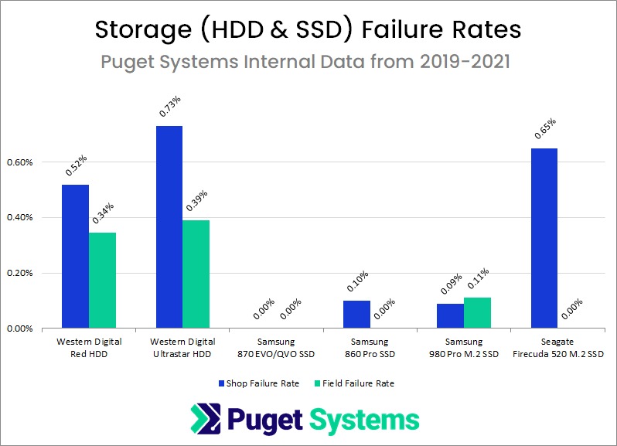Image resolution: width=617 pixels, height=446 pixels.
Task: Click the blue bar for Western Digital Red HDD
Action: click(x=75, y=256)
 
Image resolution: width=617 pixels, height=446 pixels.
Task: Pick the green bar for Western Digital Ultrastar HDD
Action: click(x=196, y=274)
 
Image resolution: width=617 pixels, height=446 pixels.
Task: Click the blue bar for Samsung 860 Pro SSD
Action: click(x=357, y=314)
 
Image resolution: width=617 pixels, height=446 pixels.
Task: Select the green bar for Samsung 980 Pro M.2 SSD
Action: click(x=478, y=312)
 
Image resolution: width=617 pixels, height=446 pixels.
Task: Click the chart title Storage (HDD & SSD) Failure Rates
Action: click(x=308, y=30)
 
